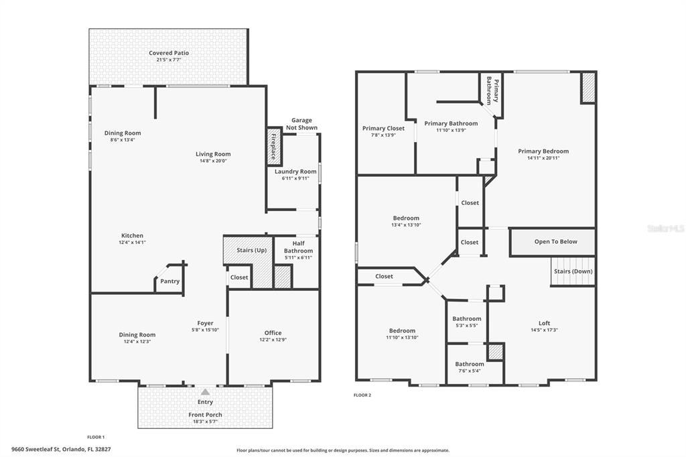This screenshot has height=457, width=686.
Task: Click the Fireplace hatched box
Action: [x=274, y=147]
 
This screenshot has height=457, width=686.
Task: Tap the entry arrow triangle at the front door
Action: [x=205, y=392]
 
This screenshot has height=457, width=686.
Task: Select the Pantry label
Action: [x=169, y=281]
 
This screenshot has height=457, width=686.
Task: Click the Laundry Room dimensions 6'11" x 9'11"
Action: [x=295, y=178]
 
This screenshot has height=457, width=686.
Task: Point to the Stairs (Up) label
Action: [x=252, y=250]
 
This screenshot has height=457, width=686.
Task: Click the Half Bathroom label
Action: [x=298, y=247]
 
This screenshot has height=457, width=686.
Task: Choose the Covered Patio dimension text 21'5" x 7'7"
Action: [x=169, y=60]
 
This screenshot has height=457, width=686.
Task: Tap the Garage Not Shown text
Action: [x=302, y=124]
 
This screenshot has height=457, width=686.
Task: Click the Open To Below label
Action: [x=555, y=241]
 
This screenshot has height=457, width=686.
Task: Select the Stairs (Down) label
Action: [x=573, y=271]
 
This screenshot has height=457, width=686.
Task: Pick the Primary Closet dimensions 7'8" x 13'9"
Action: [x=383, y=135]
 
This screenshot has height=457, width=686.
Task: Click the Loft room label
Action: [x=544, y=323]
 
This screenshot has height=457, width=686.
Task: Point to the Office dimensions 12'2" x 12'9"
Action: [x=273, y=340]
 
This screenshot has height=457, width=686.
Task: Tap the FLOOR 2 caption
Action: [x=362, y=395]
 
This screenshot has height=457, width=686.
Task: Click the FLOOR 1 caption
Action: [x=96, y=437]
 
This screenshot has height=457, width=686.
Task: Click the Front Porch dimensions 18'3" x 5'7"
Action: [x=205, y=421]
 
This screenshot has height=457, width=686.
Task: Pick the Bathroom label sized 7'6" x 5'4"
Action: [x=470, y=364]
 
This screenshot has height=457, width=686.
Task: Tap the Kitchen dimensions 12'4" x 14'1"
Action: [x=132, y=242]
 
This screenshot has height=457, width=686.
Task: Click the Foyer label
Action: [x=205, y=323]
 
